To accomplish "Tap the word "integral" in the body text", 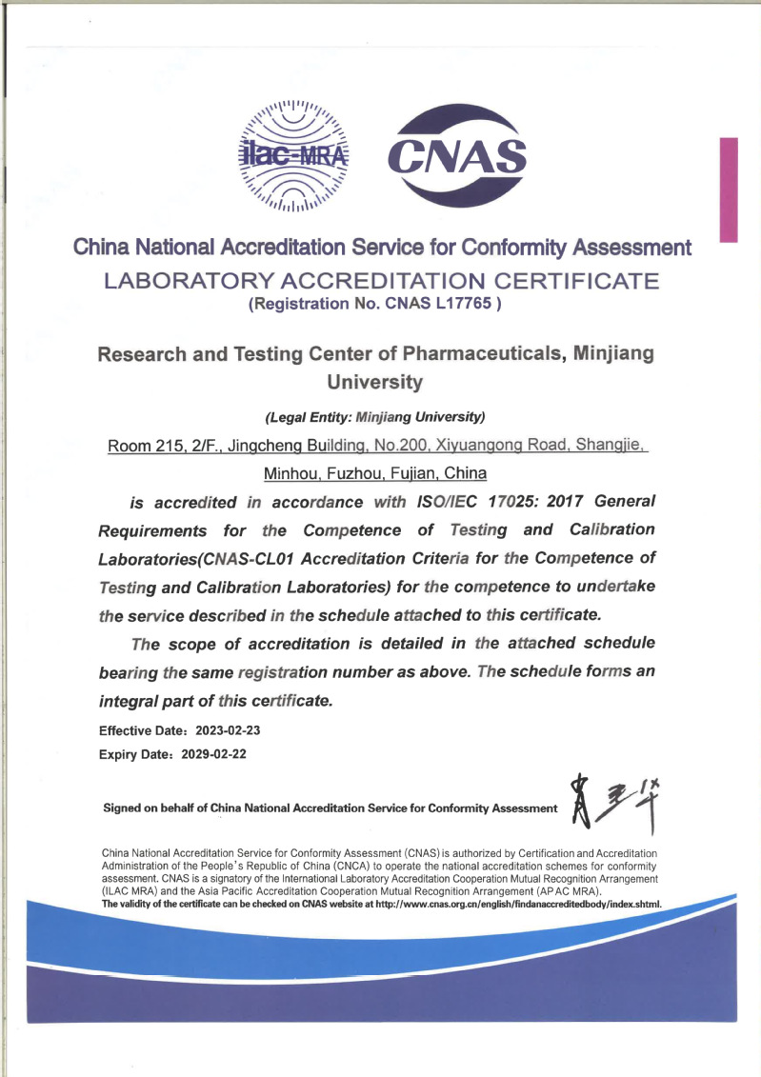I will coord(137,701).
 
